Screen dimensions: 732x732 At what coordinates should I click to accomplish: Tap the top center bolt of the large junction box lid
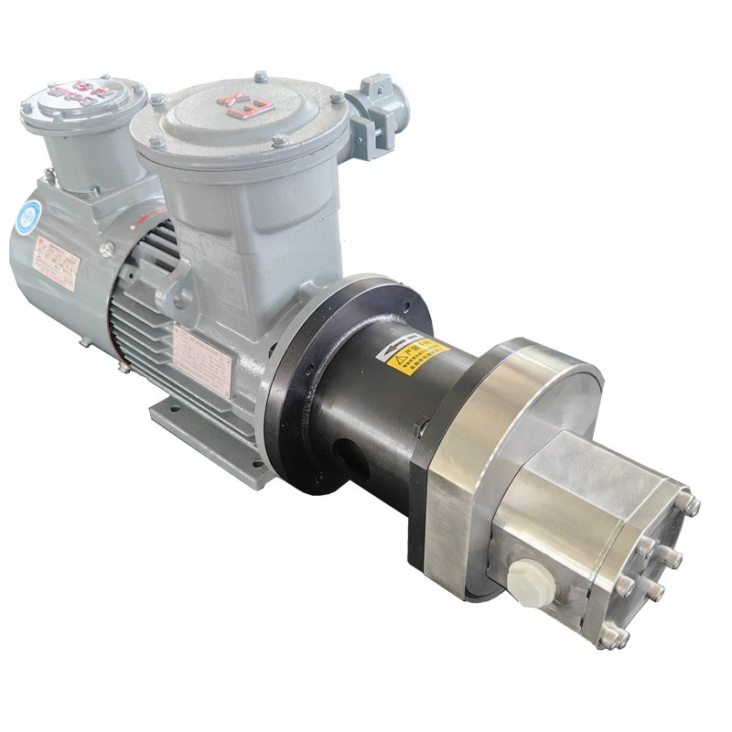click(x=261, y=77)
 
